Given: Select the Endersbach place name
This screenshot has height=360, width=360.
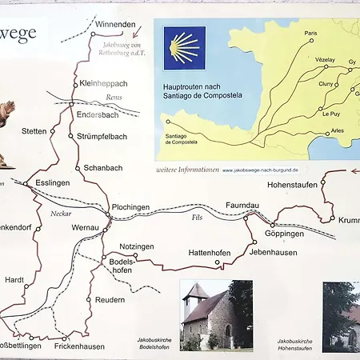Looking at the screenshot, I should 98,114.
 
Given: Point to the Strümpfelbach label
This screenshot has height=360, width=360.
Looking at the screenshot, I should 102,137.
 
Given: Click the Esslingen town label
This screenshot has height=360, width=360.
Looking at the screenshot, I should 53,182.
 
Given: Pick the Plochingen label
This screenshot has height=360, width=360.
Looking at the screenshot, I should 131,206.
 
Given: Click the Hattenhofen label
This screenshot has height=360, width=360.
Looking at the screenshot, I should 209,253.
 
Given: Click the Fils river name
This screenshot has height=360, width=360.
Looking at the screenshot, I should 197,217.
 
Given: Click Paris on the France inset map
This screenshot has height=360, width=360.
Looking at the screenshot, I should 310,34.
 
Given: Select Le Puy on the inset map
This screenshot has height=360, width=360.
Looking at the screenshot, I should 331,114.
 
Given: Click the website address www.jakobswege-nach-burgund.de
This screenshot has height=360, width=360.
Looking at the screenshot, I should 260,170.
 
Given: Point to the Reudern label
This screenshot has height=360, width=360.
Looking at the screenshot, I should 110,299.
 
